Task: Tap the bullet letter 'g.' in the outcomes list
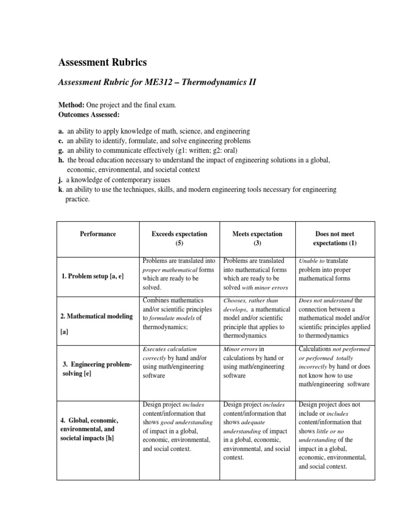tap(60, 150)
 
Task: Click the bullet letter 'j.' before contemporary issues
tap(60, 180)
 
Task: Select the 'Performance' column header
tap(98, 234)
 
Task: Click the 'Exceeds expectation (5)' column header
tap(179, 238)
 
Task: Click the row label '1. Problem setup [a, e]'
tap(93, 276)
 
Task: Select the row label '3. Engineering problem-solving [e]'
tap(97, 369)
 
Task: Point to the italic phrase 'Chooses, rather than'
tap(250, 301)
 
